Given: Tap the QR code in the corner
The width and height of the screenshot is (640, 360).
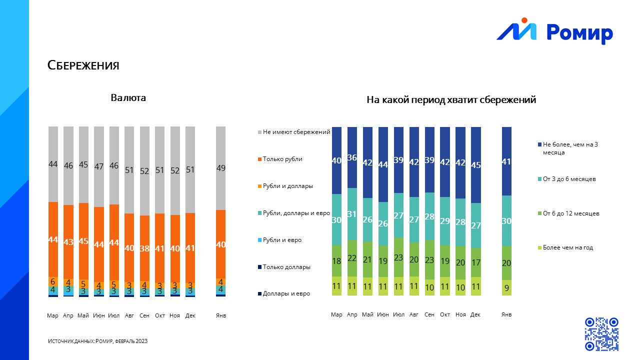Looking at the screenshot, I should coord(601,333).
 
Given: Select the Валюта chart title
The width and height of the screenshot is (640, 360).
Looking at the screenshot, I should coord(128,97).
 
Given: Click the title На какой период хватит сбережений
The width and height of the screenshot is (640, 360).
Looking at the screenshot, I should coord(451,100).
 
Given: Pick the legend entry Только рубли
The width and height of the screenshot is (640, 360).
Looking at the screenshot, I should coord(282,159).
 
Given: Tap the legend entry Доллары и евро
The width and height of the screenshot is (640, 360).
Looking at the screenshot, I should coord(286,293).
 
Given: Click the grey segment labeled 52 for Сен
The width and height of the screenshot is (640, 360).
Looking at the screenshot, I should coord(144,171).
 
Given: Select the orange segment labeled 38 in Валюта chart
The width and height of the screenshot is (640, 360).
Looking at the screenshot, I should coord(144,248).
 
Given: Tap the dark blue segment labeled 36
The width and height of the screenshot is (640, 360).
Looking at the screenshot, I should coord(352,157).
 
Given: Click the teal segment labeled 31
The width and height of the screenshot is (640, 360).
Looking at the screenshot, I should coord(352,214).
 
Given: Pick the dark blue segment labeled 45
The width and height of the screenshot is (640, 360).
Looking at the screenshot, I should coord(475,165).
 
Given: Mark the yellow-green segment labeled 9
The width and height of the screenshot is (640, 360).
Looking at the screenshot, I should coord(506,287).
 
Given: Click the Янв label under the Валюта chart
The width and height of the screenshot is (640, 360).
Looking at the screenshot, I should coord(220,315).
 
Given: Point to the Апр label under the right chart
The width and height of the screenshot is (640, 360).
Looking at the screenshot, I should coord(352,314).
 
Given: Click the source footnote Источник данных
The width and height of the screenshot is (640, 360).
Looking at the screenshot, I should coord(97,341).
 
